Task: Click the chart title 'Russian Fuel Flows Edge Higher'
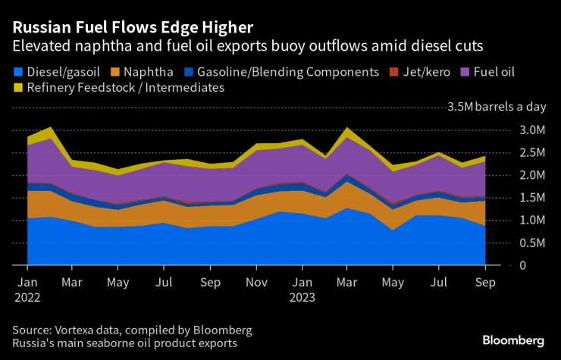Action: pyautogui.click(x=133, y=28)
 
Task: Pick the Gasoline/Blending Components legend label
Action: pyautogui.click(x=287, y=72)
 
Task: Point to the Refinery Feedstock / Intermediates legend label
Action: pyautogui.click(x=126, y=88)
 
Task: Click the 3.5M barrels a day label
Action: pyautogui.click(x=497, y=107)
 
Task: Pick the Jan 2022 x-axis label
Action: pyautogui.click(x=27, y=290)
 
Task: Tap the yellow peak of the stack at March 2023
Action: pyautogui.click(x=346, y=130)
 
